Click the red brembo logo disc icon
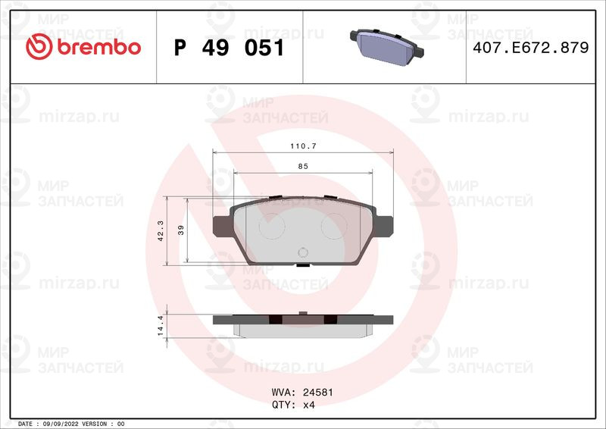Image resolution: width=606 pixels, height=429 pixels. pyautogui.click(x=39, y=47)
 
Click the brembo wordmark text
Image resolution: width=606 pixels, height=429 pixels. pyautogui.click(x=99, y=47)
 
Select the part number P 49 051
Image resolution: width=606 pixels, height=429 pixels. pyautogui.click(x=230, y=48)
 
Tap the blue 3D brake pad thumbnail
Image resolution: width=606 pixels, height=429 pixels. pyautogui.click(x=387, y=47)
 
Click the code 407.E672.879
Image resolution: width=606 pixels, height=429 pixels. pyautogui.click(x=531, y=48)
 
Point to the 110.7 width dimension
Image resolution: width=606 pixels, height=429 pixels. pyautogui.click(x=304, y=146)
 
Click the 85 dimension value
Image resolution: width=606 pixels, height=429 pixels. pyautogui.click(x=303, y=166)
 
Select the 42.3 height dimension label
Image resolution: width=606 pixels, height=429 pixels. pyautogui.click(x=161, y=230)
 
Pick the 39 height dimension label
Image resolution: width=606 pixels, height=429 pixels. pyautogui.click(x=181, y=230)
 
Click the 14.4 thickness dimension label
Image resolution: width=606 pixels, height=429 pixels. pyautogui.click(x=161, y=325)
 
